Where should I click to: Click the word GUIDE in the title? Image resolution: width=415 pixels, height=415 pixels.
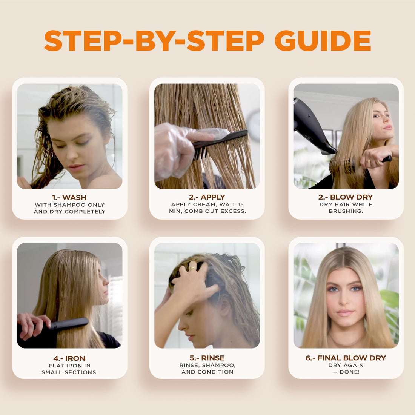[x=323, y=41]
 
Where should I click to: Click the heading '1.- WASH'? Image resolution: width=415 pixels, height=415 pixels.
[x=69, y=197]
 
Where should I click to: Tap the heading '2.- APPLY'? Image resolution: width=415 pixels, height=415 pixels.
[x=207, y=197]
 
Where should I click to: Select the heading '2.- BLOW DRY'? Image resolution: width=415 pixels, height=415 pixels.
[x=346, y=197]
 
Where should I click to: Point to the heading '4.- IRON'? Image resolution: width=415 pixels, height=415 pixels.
[x=69, y=358]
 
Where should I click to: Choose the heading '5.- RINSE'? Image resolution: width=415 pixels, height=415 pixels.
[x=207, y=358]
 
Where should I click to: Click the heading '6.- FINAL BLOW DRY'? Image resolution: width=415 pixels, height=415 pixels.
[x=346, y=358]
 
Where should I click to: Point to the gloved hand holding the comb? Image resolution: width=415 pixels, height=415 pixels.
[x=174, y=145]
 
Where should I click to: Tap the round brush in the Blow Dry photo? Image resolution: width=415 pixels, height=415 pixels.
[x=343, y=166]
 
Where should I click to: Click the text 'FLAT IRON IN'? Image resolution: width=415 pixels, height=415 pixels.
[x=69, y=366]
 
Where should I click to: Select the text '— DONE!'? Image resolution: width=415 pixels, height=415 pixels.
[x=346, y=372]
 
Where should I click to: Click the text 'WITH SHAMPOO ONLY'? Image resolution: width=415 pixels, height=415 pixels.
[x=69, y=205]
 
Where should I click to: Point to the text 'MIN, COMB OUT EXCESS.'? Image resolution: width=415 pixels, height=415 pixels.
[x=207, y=211]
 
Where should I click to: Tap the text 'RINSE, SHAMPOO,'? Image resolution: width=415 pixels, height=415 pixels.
[x=207, y=365]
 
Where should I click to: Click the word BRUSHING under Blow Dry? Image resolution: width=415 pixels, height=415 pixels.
[x=346, y=211]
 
